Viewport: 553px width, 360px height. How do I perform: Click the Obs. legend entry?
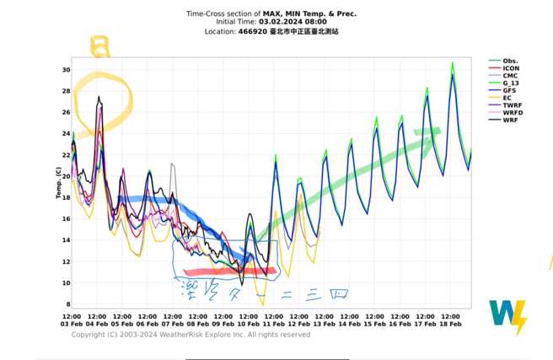click(510, 62)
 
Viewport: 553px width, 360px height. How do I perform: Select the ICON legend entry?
click(510, 69)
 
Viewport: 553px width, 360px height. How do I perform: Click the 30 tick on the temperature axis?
click(65, 69)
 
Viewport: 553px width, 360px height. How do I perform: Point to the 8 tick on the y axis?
click(67, 304)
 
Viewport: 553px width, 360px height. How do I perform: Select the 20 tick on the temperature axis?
click(65, 176)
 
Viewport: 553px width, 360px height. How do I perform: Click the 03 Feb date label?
click(72, 324)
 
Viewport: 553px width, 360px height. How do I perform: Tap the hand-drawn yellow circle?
click(104, 99)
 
